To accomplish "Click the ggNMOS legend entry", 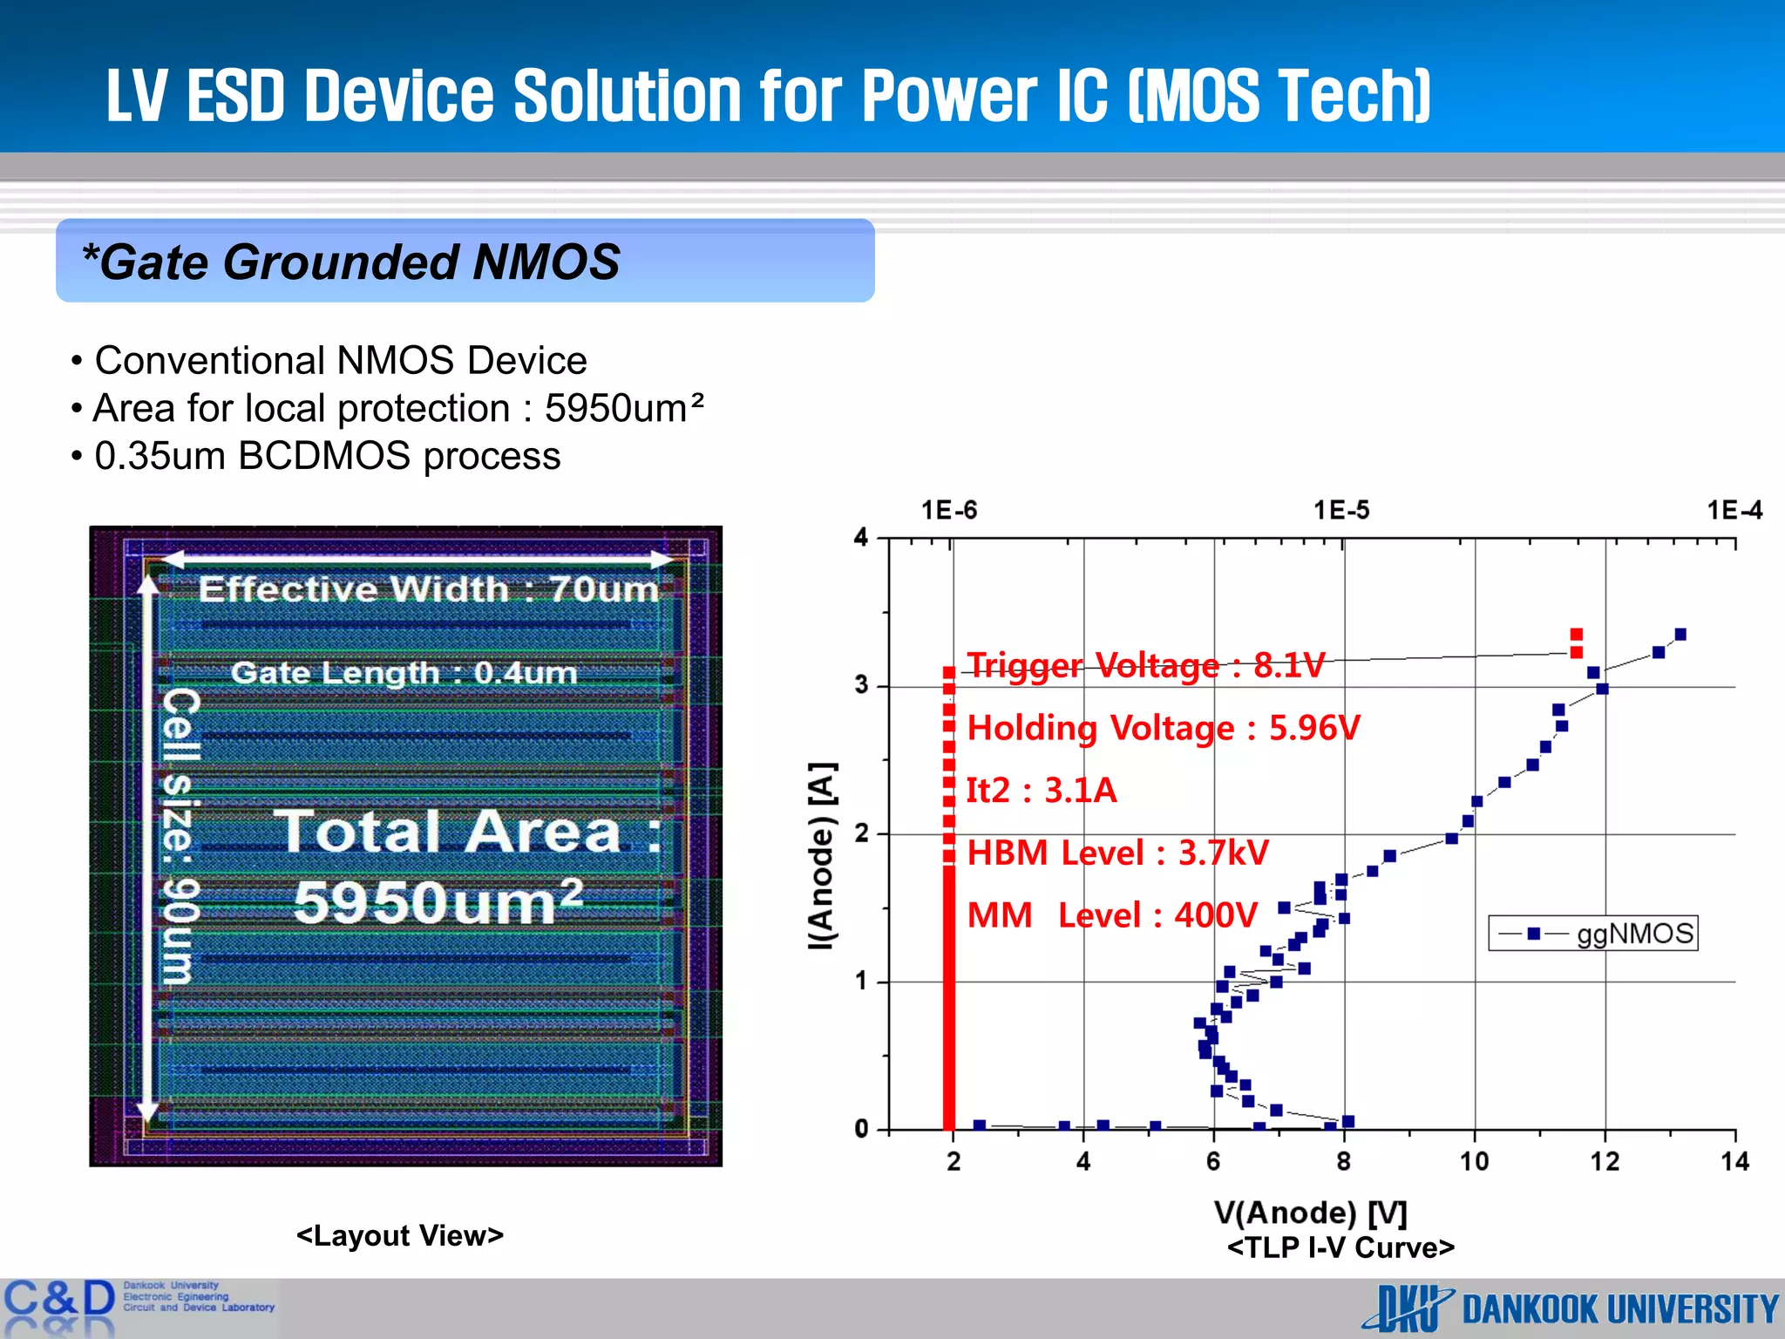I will tap(1593, 934).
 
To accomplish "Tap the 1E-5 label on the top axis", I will tap(1341, 510).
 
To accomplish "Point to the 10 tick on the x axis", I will tap(1474, 1161).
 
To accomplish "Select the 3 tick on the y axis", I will tap(861, 685).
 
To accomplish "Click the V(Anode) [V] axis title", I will tap(1310, 1213).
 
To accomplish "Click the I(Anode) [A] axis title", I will tap(822, 855).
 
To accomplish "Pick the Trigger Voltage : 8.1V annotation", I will tap(1145, 665).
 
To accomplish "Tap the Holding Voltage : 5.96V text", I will tap(1163, 728).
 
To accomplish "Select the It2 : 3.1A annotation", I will tap(1042, 791).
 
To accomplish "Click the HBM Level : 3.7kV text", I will tap(1117, 853).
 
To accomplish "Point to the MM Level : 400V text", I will tap(1112, 915).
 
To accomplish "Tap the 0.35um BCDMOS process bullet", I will tap(327, 456).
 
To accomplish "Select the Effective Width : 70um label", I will tap(428, 589).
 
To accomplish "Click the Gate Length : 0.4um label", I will tap(404, 673).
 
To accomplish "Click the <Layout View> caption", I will tap(400, 1235).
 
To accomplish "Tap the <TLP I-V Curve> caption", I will tap(1340, 1247).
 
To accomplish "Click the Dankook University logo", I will tap(1570, 1308).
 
